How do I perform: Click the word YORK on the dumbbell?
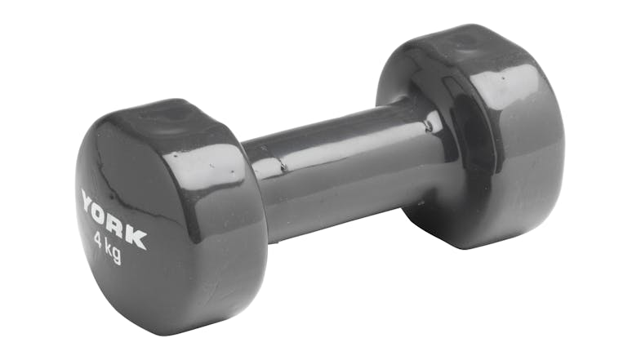[114, 219]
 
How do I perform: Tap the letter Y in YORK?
[89, 201]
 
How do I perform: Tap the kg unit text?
[114, 252]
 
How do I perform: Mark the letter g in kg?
[117, 256]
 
